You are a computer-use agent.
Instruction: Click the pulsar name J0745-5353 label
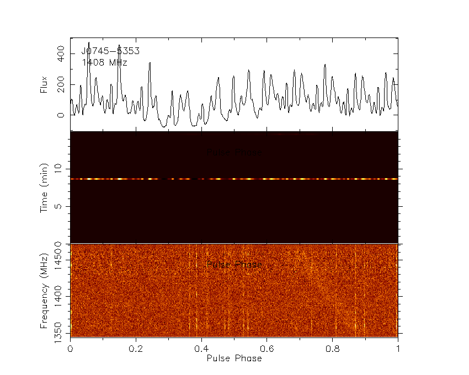110,51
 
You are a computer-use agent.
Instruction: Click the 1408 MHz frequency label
105,63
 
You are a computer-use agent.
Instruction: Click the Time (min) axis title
44,187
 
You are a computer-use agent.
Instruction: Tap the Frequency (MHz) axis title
44,290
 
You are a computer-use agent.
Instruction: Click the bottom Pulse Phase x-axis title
234,358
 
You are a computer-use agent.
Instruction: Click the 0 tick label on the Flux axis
61,115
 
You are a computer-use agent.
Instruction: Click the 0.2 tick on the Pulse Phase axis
136,349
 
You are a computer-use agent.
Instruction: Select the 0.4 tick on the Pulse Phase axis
201,349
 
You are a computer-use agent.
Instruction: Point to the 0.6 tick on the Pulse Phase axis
267,349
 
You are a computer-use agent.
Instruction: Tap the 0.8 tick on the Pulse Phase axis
333,349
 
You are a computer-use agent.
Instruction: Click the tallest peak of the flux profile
88,43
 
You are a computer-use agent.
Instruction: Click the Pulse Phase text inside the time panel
234,152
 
